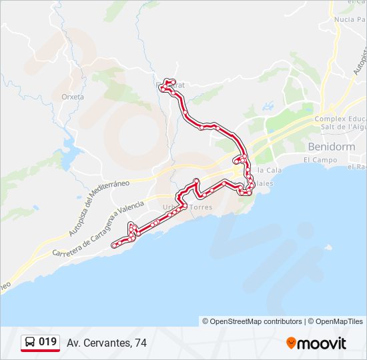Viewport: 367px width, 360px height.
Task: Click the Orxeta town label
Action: point(72,97)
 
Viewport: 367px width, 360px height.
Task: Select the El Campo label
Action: point(318,160)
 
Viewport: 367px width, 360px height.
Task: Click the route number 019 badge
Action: point(47,342)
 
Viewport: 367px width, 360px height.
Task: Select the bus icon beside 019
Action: point(30,343)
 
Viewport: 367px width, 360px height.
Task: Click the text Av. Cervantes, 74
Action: point(106,343)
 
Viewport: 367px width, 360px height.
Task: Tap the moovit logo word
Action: point(322,343)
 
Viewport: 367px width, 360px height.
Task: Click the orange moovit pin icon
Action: point(292,343)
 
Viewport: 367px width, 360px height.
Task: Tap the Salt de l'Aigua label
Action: point(343,126)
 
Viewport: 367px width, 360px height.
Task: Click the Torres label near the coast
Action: point(201,207)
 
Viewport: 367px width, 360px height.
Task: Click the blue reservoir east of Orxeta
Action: point(70,146)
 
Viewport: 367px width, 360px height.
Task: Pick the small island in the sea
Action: point(328,245)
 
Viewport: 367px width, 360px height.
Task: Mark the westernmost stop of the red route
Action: point(114,245)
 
